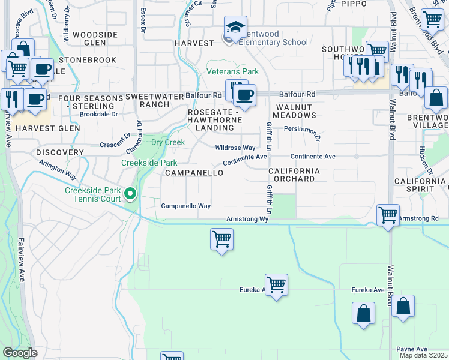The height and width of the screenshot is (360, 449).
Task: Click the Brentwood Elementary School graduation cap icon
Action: click(235, 26)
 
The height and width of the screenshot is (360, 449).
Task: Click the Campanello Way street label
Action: click(185, 206)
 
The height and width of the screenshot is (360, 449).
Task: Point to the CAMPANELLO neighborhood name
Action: click(194, 173)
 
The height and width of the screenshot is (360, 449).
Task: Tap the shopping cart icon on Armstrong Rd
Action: click(388, 215)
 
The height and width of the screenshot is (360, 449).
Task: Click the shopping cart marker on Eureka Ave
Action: click(276, 284)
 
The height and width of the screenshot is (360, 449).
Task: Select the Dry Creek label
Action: click(167, 143)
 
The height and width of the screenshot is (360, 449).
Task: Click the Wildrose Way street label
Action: click(236, 148)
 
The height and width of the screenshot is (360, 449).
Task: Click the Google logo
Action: click(20, 353)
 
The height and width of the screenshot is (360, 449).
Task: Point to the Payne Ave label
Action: click(412, 349)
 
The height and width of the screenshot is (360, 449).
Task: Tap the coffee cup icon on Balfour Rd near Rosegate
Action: click(244, 95)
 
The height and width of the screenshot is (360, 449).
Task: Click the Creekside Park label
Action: click(149, 163)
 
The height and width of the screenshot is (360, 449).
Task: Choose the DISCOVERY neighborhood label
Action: click(59, 152)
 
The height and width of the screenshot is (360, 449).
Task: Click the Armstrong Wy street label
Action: click(247, 219)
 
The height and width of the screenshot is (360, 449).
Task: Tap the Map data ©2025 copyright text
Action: click(424, 355)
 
